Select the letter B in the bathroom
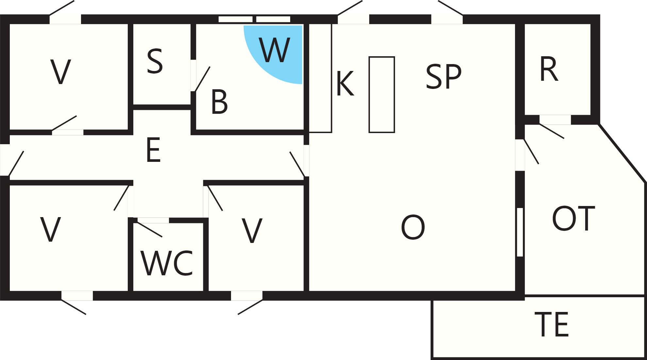click(219, 102)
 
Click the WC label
click(167, 263)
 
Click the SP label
click(443, 76)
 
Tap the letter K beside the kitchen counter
click(345, 84)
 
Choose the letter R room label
click(549, 69)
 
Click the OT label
click(573, 218)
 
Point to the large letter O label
click(413, 227)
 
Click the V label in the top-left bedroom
click(61, 72)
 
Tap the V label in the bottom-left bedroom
click(50, 230)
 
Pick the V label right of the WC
click(252, 231)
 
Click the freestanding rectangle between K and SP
click(382, 94)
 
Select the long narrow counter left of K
click(320, 78)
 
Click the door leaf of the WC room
click(149, 229)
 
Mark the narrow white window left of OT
click(520, 232)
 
